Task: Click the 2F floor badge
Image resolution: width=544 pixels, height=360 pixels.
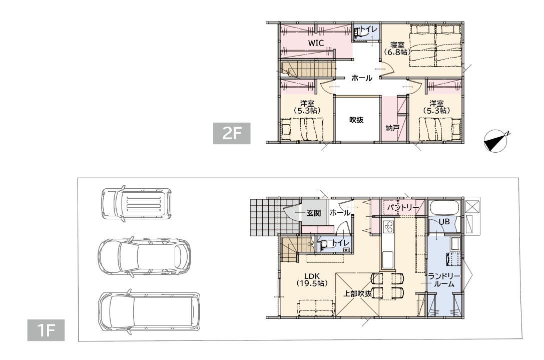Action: point(231,133)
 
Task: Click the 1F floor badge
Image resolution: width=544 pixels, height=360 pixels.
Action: point(46,330)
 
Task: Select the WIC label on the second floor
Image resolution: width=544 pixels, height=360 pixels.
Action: point(316,43)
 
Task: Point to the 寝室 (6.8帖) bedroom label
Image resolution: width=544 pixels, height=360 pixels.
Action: point(397,49)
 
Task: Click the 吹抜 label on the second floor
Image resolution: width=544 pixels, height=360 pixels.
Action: point(356,120)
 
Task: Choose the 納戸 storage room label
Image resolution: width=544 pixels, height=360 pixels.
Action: point(392,128)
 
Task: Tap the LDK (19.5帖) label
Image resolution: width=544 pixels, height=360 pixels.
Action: point(312,279)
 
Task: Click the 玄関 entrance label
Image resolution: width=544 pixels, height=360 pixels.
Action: point(314,213)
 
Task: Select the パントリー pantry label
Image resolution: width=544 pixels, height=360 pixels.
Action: point(403,208)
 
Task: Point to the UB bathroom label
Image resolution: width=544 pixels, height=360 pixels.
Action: point(444,221)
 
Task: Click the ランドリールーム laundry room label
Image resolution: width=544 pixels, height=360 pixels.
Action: point(444,280)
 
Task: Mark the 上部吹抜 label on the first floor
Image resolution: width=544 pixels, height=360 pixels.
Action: point(357,294)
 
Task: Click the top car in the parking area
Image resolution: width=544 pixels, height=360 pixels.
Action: point(136,203)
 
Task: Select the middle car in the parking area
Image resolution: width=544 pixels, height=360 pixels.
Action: point(144,257)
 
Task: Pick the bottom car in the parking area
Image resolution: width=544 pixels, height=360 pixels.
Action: point(149,311)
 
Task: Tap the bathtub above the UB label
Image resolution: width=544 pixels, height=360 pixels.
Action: point(444,208)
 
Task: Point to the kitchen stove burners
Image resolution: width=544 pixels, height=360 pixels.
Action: point(388,227)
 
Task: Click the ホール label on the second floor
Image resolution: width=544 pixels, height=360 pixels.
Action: point(361,78)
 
